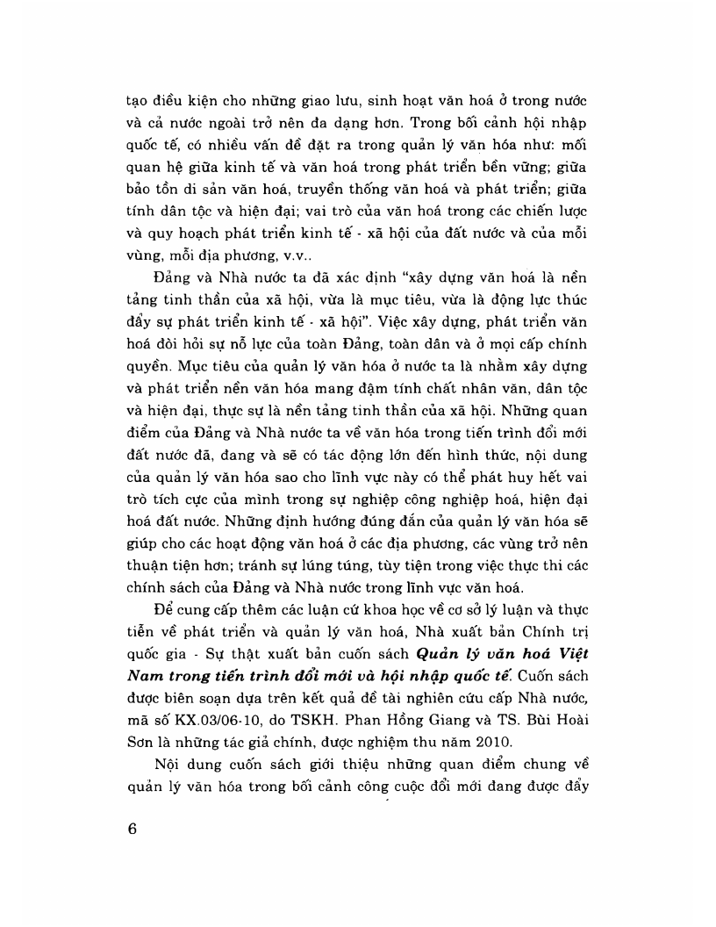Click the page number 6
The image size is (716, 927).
pyautogui.click(x=132, y=829)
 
